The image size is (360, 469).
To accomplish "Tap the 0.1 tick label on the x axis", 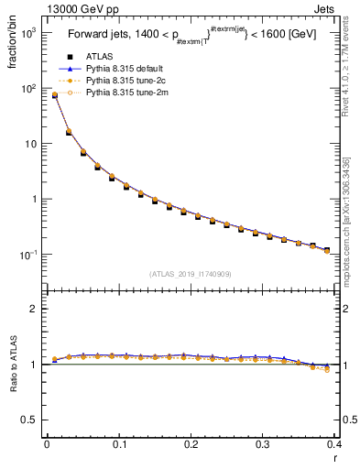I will click(118, 444).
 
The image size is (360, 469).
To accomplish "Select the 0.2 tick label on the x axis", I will click(191, 444).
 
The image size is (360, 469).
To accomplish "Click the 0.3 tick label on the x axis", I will click(262, 444).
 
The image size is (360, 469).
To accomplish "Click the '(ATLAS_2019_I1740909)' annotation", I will click(190, 274).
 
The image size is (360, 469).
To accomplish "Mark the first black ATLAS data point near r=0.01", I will click(54, 95).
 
